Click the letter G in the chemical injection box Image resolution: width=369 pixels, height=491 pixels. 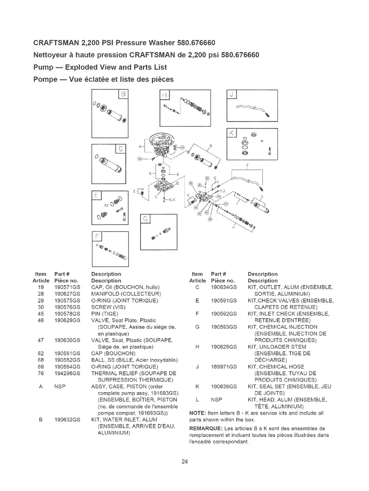click(145, 219)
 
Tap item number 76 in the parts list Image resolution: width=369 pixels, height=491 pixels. click(40, 373)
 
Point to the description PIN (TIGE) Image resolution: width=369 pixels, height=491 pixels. click(105, 314)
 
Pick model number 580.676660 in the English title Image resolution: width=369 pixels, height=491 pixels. click(196, 43)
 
